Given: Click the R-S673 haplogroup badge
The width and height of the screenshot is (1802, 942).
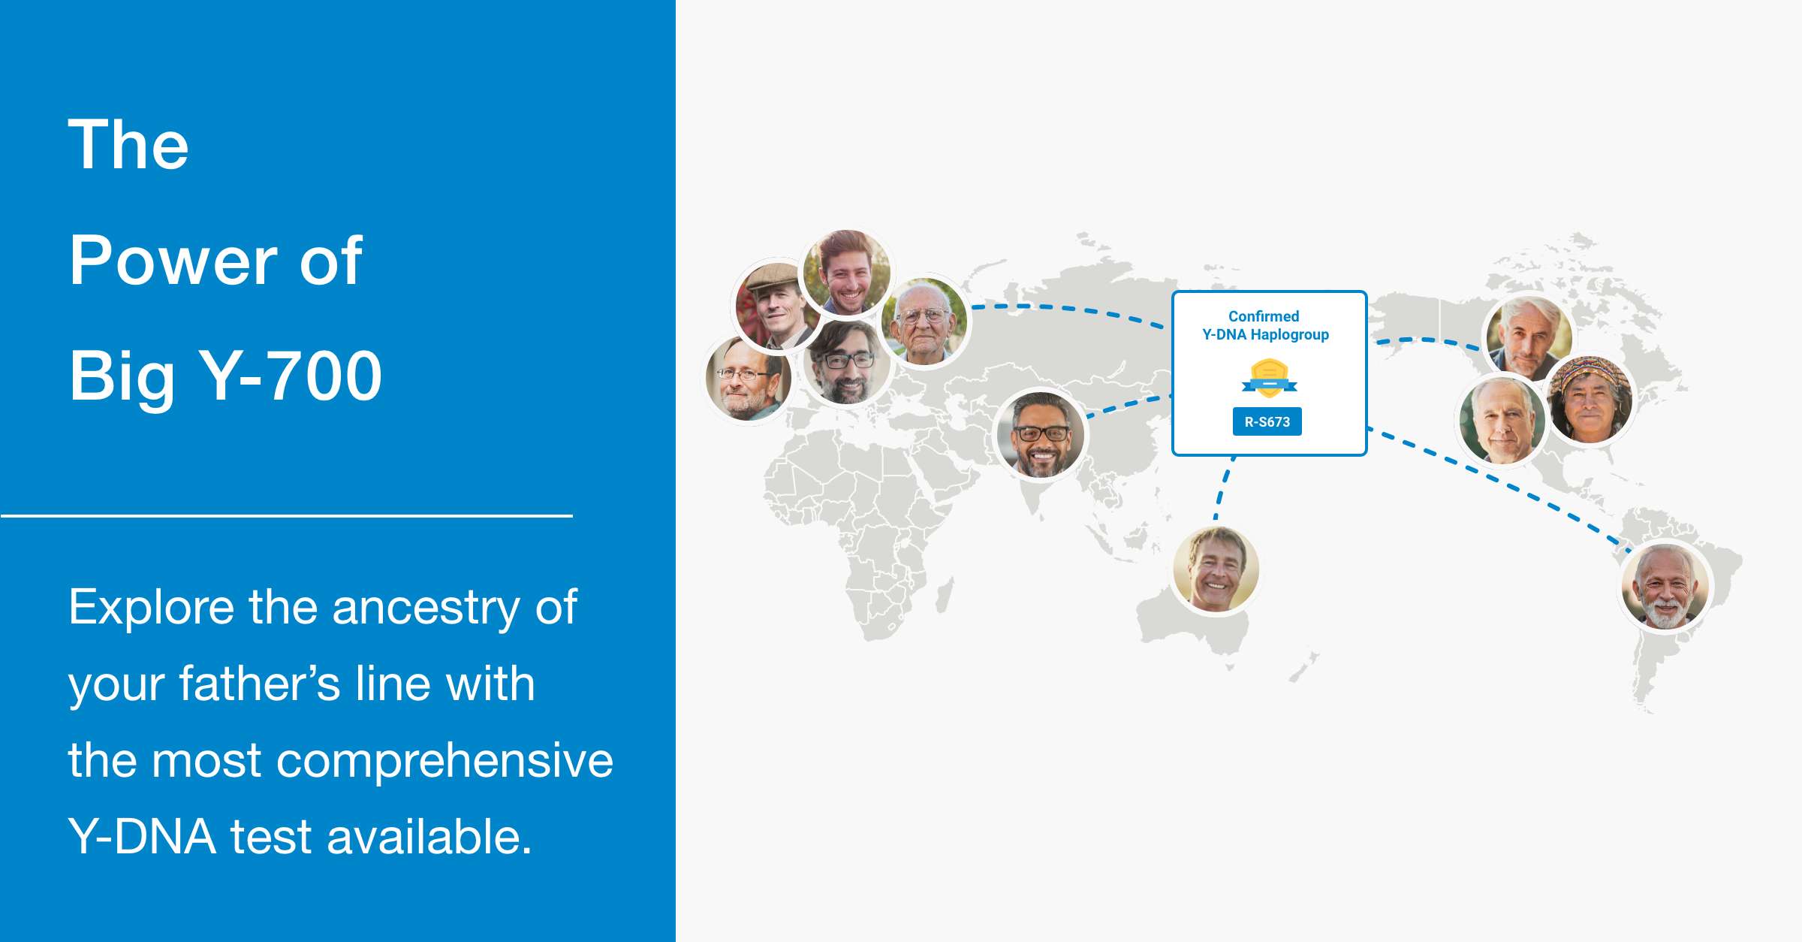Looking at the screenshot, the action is click(x=1267, y=421).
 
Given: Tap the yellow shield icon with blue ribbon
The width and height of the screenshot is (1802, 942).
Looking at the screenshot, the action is click(x=1269, y=378).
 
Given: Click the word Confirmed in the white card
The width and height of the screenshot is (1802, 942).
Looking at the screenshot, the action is click(x=1264, y=316).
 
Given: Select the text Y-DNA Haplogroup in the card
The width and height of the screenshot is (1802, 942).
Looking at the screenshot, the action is click(x=1266, y=334).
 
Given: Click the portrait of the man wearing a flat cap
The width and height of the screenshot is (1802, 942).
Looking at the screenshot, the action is click(x=776, y=306).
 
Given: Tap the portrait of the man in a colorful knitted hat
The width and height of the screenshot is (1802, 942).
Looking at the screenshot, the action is click(x=1590, y=400).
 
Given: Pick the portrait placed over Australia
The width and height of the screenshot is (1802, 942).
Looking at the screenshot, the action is click(x=1216, y=569).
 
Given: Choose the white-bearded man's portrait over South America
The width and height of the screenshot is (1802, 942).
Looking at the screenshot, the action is click(x=1665, y=587).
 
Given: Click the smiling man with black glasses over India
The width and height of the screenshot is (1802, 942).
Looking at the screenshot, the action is click(x=1040, y=435).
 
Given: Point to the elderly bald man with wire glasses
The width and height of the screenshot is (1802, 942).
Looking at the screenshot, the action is click(x=924, y=322).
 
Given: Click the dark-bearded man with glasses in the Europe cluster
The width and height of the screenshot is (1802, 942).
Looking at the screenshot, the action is click(x=846, y=362).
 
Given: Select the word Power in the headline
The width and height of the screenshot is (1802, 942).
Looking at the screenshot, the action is click(x=173, y=261).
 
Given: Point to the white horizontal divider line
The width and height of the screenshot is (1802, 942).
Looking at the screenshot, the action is click(x=287, y=516).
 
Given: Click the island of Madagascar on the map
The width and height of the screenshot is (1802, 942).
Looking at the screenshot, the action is click(x=945, y=595).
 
